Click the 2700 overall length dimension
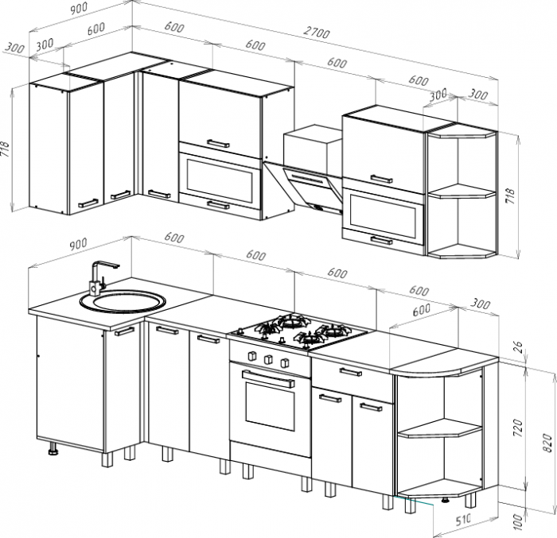[x=316, y=33]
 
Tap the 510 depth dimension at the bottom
[x=463, y=520]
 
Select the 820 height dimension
[x=547, y=443]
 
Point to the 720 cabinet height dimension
[x=519, y=428]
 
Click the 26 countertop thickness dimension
[x=518, y=347]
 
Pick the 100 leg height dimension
[x=519, y=521]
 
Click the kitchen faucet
[x=103, y=278]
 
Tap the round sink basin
[x=123, y=302]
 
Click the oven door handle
[x=269, y=379]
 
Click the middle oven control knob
[x=268, y=359]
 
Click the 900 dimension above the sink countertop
[x=78, y=244]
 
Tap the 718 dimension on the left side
[x=5, y=150]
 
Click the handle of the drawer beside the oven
[x=350, y=372]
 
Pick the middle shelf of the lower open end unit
[x=440, y=428]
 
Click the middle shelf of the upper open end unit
[x=462, y=191]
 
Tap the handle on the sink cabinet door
[x=125, y=331]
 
